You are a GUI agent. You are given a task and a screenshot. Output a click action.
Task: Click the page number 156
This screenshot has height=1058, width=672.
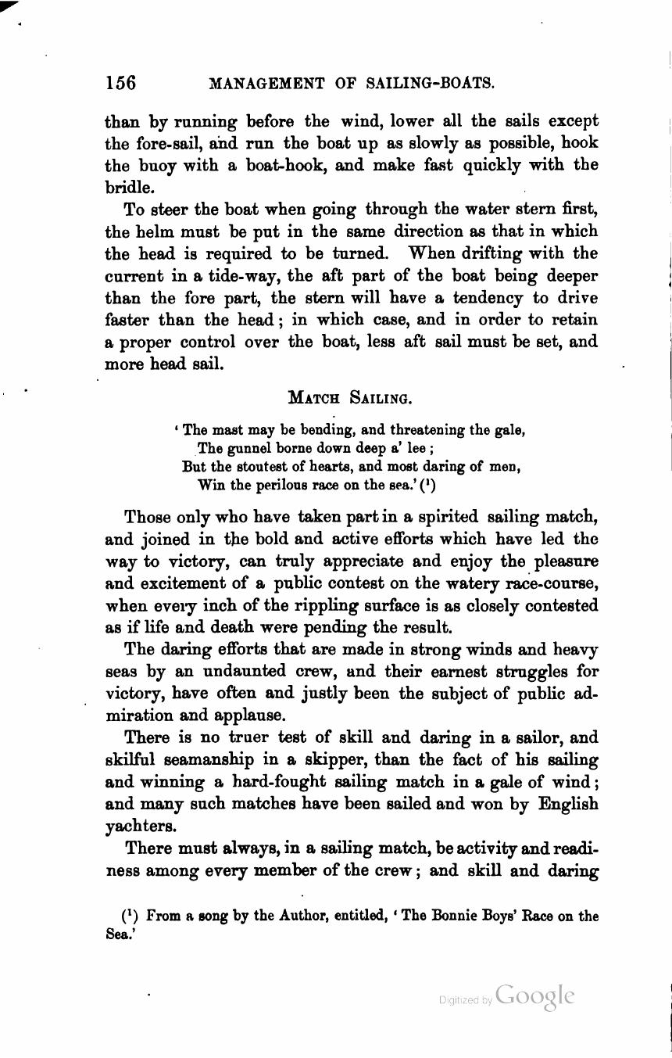point(121,83)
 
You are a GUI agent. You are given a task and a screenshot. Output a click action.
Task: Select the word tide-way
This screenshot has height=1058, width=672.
point(249,277)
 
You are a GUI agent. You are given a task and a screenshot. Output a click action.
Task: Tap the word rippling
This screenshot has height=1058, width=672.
point(353,606)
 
